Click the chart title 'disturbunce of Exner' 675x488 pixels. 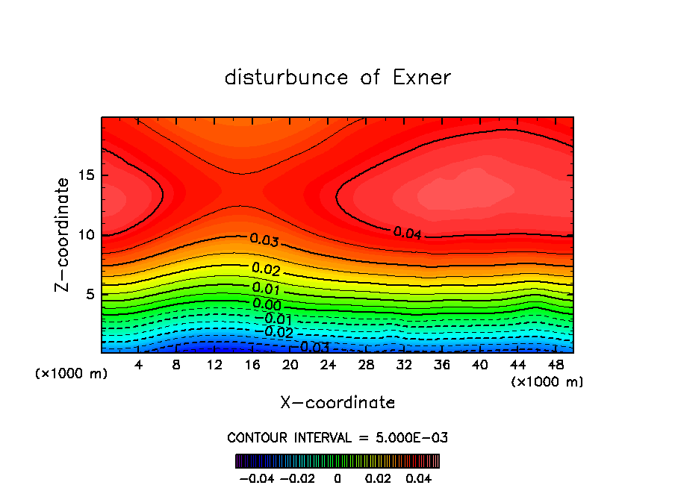(x=337, y=78)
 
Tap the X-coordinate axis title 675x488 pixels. (x=337, y=403)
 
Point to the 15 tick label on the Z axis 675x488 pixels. (x=84, y=175)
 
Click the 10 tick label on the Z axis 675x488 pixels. (x=84, y=235)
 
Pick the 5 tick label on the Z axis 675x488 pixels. (x=88, y=294)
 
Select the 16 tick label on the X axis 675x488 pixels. (x=252, y=366)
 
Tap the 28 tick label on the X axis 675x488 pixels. (x=366, y=366)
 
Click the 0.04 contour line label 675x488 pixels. (x=408, y=234)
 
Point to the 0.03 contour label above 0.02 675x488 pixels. (x=264, y=240)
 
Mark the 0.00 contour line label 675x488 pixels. (x=267, y=304)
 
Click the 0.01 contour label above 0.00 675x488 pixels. (x=267, y=288)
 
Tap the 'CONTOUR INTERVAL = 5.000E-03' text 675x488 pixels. (x=337, y=437)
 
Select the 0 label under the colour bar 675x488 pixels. (x=337, y=478)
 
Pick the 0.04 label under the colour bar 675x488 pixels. (x=418, y=478)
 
